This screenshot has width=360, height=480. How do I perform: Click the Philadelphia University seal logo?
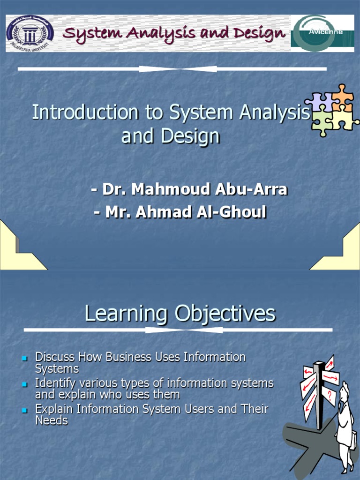[x=30, y=33]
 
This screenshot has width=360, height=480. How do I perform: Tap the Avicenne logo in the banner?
[x=322, y=33]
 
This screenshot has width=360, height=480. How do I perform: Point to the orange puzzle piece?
[x=343, y=97]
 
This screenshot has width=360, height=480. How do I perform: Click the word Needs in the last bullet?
[x=52, y=420]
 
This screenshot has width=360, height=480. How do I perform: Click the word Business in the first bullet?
[x=128, y=357]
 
